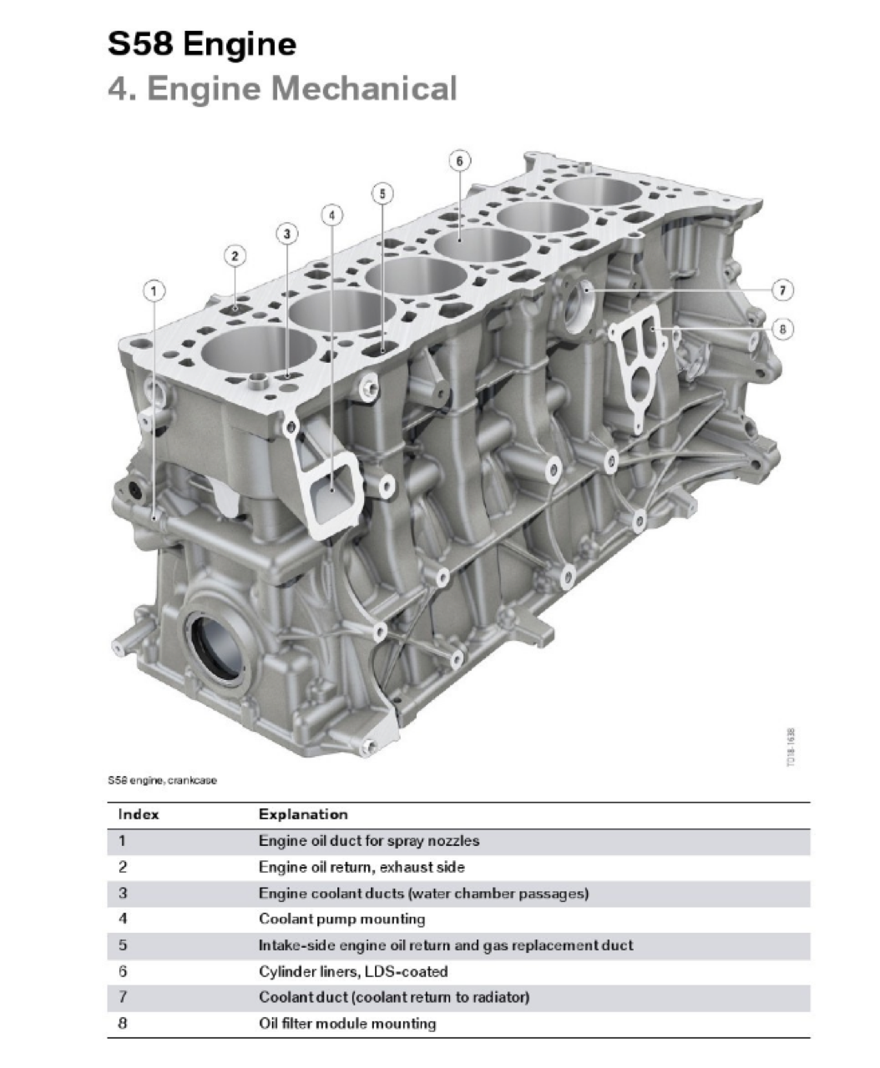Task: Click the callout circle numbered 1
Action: point(154,290)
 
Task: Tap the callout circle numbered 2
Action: point(235,256)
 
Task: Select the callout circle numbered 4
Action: point(331,215)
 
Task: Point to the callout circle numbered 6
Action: point(459,160)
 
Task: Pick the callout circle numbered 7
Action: point(782,290)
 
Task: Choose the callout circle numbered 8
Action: point(782,329)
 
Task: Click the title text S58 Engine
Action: point(202,43)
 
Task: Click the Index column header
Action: point(139,814)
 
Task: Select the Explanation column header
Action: point(303,814)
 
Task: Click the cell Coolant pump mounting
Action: point(341,919)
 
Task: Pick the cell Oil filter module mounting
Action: point(347,1023)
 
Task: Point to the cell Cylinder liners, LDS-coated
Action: point(353,971)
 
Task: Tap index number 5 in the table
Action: point(123,945)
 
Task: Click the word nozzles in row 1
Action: point(452,841)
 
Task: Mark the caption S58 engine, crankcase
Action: point(162,781)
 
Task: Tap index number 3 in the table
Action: point(123,893)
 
